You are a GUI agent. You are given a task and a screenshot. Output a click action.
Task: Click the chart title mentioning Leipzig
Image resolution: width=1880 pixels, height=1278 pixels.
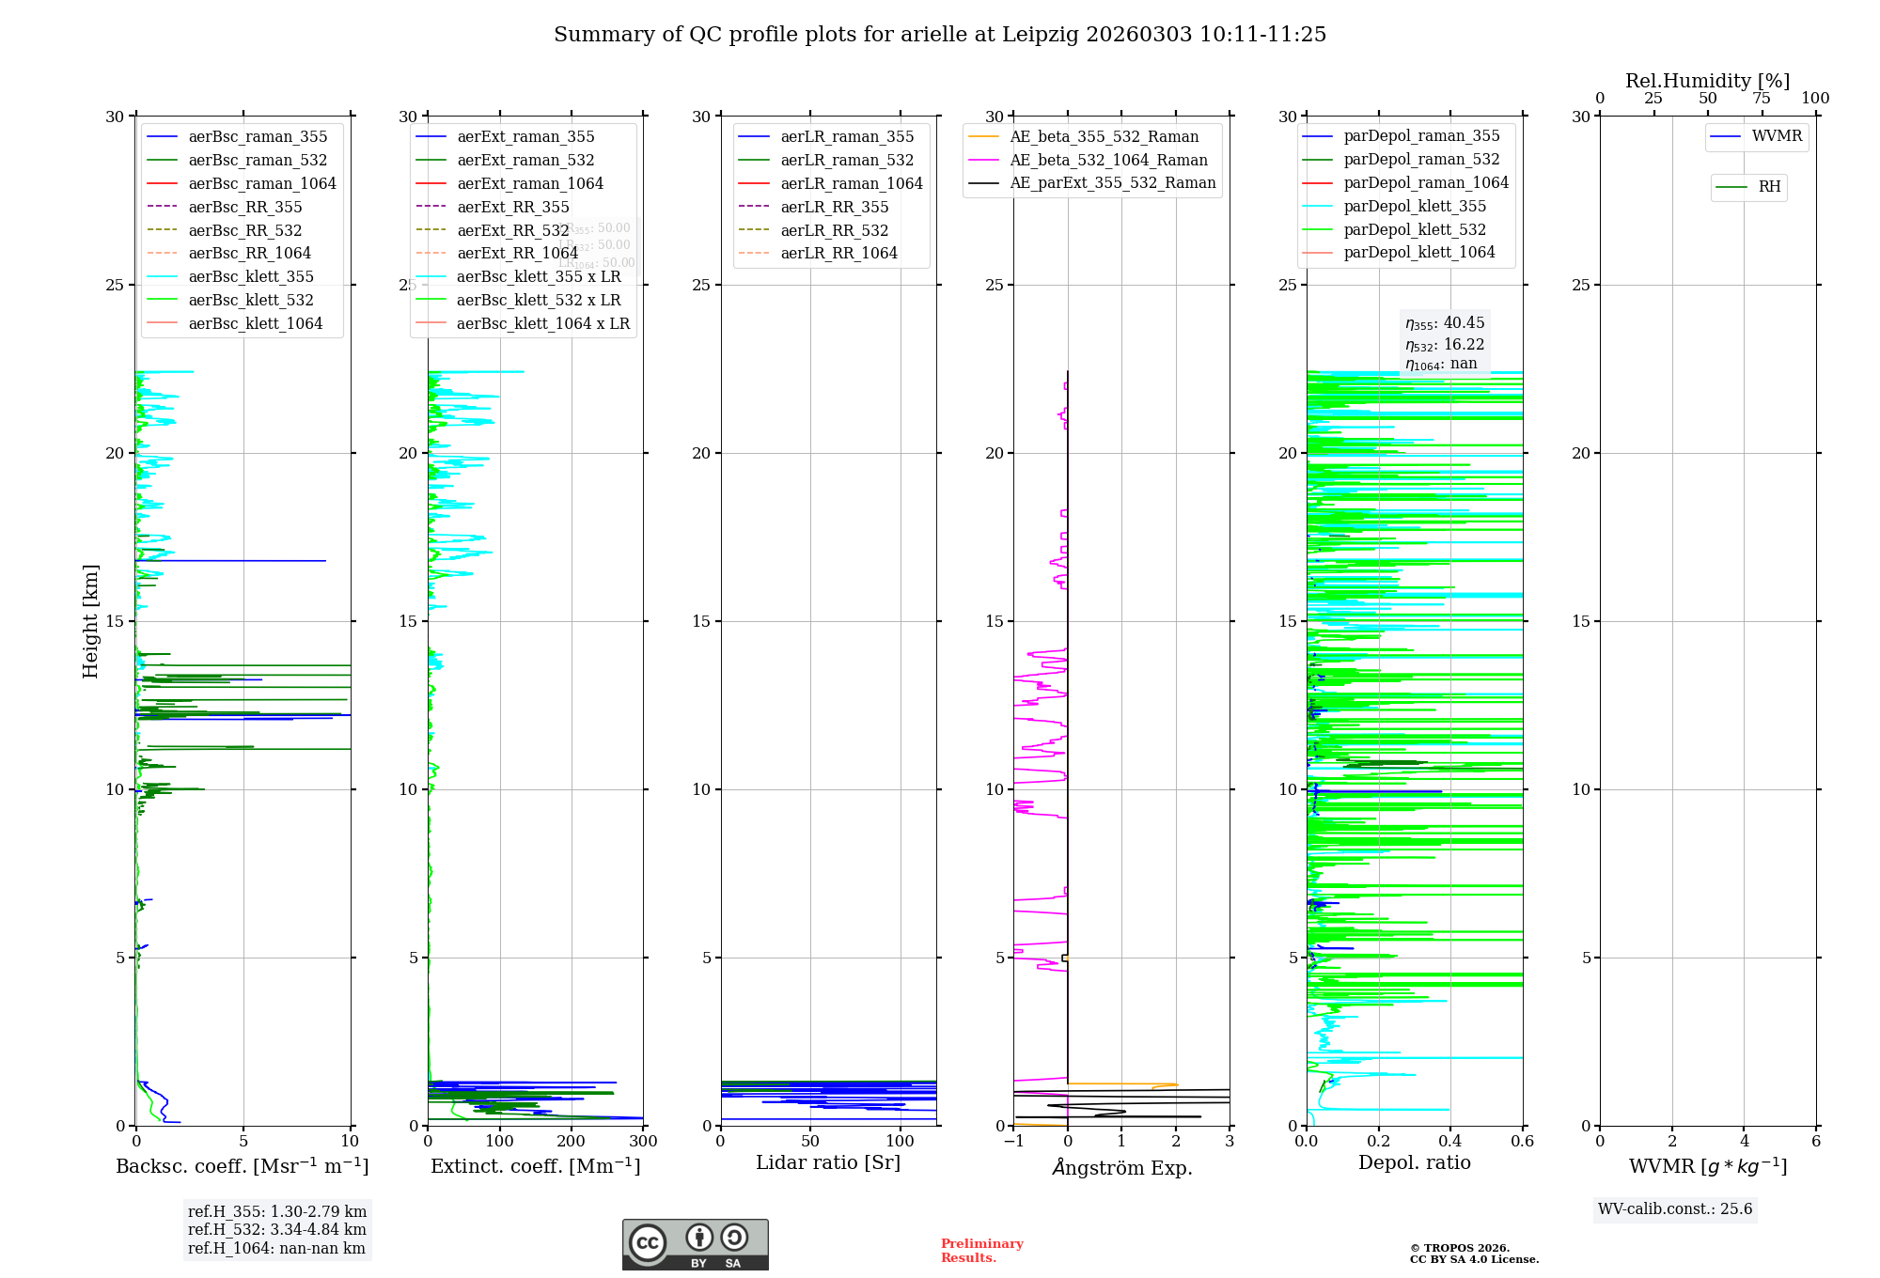tap(940, 35)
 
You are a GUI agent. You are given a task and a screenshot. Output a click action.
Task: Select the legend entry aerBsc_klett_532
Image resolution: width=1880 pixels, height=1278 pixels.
tap(250, 300)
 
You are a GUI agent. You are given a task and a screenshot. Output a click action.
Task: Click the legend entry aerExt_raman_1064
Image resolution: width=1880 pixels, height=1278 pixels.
tap(530, 183)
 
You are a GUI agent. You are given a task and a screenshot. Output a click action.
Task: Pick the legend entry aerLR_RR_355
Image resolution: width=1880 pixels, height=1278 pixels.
tap(834, 207)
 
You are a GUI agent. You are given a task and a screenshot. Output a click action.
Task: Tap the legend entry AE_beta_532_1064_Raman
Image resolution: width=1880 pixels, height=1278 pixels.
tap(1108, 160)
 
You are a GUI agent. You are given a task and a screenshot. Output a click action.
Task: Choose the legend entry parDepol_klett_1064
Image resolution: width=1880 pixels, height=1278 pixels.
tap(1418, 252)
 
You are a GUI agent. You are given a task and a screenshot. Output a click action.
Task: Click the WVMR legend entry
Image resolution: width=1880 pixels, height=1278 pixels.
tap(1776, 136)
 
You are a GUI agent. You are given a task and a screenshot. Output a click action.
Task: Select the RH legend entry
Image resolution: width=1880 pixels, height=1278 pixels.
tap(1768, 187)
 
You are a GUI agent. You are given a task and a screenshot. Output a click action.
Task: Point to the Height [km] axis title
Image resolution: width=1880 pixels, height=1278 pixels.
tap(90, 621)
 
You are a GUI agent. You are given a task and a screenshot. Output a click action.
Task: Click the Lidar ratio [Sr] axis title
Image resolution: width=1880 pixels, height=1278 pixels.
tap(828, 1162)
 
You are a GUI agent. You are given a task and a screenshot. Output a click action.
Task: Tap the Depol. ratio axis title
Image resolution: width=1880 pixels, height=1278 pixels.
tap(1415, 1162)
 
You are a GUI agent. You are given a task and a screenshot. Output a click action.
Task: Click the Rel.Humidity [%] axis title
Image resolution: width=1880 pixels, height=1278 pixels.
tap(1707, 81)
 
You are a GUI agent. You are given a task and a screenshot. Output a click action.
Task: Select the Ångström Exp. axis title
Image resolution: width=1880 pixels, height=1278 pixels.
tap(1121, 1167)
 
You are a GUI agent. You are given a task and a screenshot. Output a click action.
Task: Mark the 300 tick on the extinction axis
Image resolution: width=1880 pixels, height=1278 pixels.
tap(643, 1142)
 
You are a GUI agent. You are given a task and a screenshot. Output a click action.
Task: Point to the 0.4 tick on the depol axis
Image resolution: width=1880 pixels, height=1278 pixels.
tap(1450, 1142)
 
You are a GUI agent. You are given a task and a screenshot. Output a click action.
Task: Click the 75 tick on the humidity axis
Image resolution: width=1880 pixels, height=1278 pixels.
tap(1762, 99)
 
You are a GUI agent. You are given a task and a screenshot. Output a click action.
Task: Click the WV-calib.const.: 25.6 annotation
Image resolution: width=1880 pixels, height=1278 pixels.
tap(1675, 1209)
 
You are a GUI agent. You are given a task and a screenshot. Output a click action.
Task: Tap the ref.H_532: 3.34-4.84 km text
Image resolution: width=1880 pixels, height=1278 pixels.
tap(277, 1230)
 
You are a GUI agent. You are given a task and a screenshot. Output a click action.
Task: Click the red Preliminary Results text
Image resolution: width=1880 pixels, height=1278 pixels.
tap(981, 1251)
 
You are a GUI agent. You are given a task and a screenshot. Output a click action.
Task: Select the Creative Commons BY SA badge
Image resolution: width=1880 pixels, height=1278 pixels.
tap(695, 1245)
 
